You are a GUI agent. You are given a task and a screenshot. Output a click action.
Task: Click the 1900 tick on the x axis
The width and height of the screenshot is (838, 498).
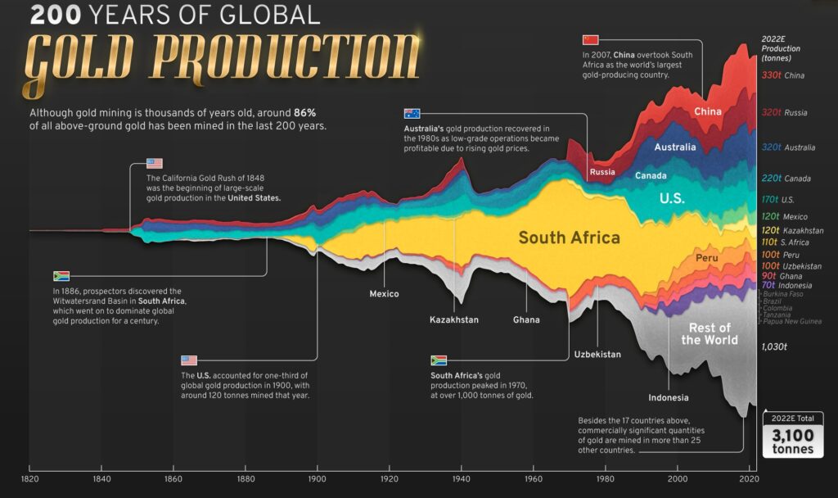[318, 478]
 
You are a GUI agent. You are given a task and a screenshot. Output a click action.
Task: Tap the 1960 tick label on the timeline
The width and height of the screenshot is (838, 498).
[533, 478]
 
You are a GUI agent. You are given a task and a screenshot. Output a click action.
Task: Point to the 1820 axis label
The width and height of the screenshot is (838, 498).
[29, 478]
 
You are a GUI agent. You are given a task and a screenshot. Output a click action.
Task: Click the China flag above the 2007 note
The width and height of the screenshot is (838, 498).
[591, 39]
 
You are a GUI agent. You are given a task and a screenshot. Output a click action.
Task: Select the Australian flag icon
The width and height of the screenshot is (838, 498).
[412, 114]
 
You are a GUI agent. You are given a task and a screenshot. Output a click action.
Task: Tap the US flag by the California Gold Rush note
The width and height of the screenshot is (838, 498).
[155, 163]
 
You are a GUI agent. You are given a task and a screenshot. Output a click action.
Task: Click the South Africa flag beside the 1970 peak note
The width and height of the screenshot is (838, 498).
[439, 360]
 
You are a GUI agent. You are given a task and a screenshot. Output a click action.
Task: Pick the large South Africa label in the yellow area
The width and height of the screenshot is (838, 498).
[569, 238]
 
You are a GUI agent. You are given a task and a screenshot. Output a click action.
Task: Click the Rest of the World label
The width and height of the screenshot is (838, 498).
[710, 334]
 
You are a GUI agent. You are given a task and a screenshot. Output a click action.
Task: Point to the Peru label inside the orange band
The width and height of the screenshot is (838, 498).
[706, 258]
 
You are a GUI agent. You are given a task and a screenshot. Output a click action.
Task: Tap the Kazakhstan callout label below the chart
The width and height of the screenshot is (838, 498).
[453, 319]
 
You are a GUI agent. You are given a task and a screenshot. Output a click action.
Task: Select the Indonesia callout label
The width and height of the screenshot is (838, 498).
[669, 398]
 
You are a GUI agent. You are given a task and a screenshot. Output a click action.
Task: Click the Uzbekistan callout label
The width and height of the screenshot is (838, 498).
[597, 355]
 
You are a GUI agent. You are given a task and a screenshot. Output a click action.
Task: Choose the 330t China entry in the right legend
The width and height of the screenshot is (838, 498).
[782, 75]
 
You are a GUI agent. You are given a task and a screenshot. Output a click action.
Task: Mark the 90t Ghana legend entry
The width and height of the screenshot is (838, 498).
[782, 276]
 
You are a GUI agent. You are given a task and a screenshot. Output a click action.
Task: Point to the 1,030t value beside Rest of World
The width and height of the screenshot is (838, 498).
[773, 347]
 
